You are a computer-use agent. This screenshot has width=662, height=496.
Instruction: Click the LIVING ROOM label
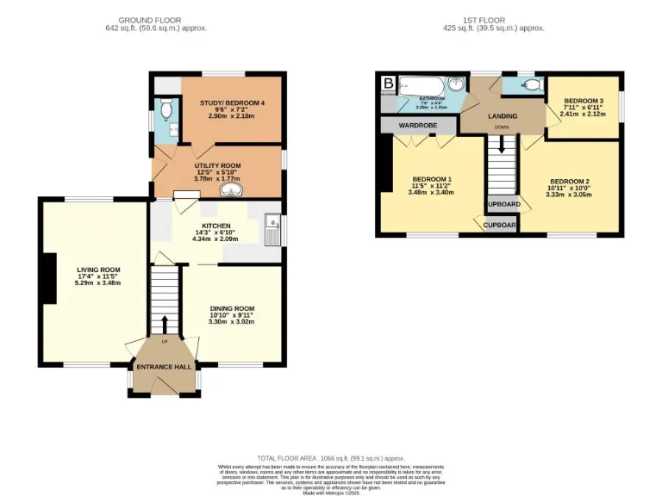pos(97,270)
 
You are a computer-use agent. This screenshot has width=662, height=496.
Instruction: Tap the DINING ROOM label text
pos(233,308)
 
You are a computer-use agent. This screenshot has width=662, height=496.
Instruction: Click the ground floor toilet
pos(166,109)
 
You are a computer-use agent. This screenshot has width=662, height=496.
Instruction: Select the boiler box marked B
pos(388,84)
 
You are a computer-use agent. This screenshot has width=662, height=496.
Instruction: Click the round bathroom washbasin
pos(455,84)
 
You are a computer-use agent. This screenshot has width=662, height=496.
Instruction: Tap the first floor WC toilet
pos(531,84)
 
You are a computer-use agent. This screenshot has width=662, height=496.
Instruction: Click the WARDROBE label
pos(416,126)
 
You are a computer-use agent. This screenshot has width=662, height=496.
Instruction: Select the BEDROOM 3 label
pos(582,101)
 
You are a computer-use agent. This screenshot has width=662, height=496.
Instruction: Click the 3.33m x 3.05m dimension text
pos(569,195)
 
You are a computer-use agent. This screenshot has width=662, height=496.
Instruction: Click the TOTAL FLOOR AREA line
pos(331,458)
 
